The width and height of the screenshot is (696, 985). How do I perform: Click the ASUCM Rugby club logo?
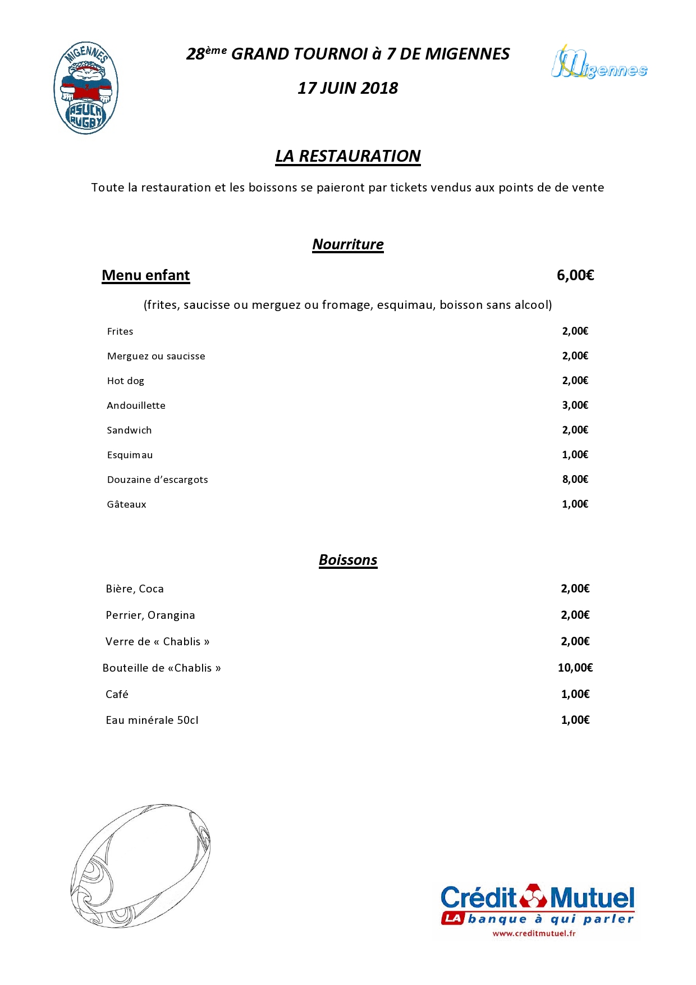(85, 88)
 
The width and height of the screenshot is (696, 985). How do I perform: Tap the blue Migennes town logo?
(599, 63)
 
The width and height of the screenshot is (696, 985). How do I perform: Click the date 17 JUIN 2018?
(347, 88)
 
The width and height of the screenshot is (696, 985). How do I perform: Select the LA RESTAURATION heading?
(347, 156)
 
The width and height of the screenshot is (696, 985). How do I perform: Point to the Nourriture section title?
(347, 244)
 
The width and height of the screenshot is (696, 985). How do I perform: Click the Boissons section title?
(347, 560)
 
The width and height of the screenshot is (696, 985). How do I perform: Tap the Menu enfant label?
(145, 275)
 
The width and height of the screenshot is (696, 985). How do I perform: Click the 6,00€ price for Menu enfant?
(575, 275)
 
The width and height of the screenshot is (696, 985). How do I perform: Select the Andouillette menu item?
(136, 405)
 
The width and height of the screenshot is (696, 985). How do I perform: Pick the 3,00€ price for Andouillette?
(575, 405)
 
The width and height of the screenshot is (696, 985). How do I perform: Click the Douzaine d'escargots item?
(157, 480)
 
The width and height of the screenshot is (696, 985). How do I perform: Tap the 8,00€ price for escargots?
(575, 480)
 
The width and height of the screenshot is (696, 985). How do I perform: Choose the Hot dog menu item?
(125, 381)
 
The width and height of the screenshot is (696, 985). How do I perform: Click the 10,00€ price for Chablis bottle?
(575, 668)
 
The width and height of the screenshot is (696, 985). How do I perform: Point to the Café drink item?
(117, 694)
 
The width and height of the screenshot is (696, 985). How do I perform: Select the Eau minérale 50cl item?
(152, 720)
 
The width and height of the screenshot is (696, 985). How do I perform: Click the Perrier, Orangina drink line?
(150, 615)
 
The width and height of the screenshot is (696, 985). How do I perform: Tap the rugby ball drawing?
(140, 865)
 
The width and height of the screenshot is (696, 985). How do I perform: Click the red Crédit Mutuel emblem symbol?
(533, 896)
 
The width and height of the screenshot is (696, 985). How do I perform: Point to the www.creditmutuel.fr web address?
(534, 934)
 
